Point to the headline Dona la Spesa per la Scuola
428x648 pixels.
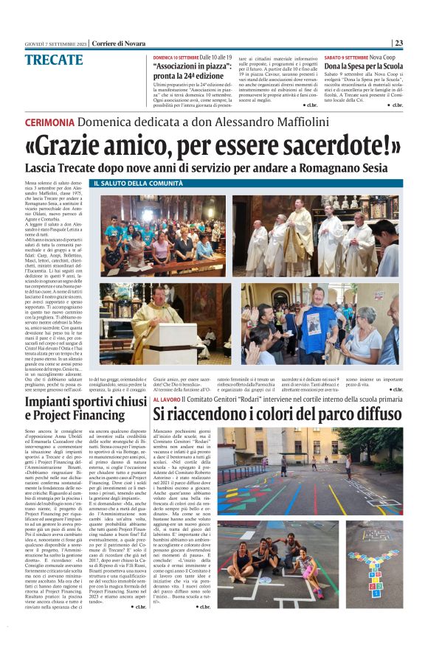pos(364,66)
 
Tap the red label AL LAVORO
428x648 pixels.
pos(170,399)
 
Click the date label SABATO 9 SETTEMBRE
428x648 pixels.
pos(345,56)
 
